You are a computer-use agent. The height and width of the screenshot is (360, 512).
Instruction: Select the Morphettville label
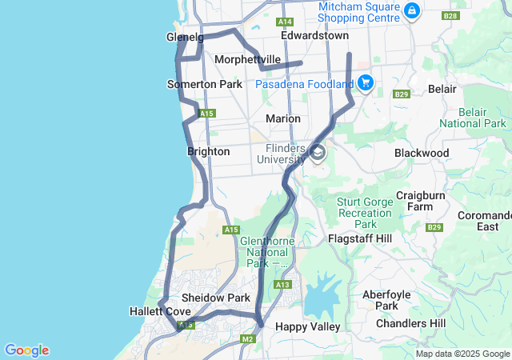[x=247, y=59]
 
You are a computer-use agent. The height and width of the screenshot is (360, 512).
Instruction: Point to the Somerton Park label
[x=204, y=84]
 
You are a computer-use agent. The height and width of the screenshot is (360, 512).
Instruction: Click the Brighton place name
[x=209, y=151]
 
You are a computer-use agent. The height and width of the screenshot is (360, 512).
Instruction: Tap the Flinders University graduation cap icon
[x=318, y=152]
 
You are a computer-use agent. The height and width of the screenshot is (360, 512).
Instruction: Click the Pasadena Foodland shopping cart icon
[x=366, y=82]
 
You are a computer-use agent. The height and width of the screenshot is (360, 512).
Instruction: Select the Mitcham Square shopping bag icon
[x=411, y=10]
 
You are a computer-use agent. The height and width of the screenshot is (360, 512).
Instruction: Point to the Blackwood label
[x=422, y=153]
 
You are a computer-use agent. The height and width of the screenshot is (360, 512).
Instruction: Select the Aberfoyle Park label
[x=381, y=300]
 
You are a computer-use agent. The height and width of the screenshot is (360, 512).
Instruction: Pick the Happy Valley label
[x=307, y=326]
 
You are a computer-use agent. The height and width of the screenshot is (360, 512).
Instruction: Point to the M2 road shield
[x=247, y=340]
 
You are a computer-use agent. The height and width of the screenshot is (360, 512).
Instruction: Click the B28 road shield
[x=450, y=15]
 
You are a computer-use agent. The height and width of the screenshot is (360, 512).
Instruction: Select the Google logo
[x=26, y=350]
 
